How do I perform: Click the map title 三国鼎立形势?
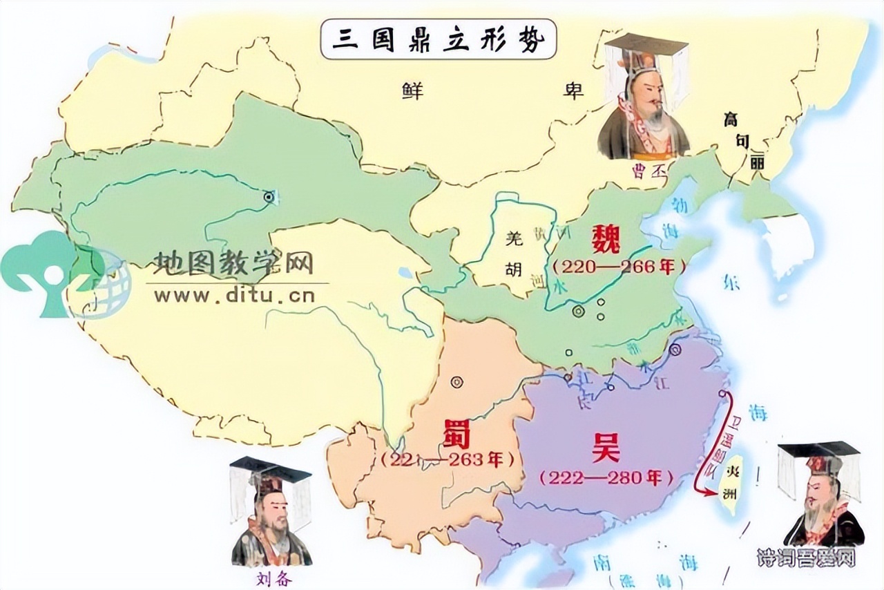[439, 39]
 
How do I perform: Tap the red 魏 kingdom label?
[606, 240]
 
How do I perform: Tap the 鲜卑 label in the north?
[493, 91]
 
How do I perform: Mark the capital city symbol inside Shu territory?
[457, 381]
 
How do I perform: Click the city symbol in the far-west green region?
[269, 197]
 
